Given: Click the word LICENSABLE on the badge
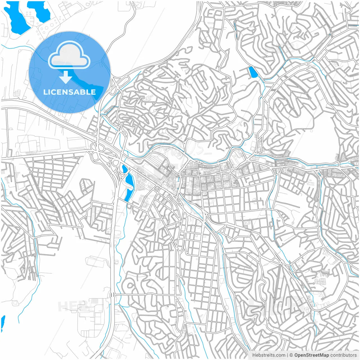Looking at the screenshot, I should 69,92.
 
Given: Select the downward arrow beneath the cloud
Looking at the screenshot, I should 66,77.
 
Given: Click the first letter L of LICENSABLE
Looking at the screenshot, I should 45,92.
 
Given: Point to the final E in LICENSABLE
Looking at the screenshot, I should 93,92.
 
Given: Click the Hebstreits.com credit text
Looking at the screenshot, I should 269,355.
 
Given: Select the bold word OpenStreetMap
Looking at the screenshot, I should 312,355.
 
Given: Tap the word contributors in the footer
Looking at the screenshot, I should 343,355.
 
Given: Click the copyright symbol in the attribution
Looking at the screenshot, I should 291,355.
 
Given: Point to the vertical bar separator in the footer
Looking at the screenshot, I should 287,355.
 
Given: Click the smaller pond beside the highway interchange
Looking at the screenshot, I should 124,169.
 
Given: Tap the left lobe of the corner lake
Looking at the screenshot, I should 17,18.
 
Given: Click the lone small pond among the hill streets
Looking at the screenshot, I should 253,72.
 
